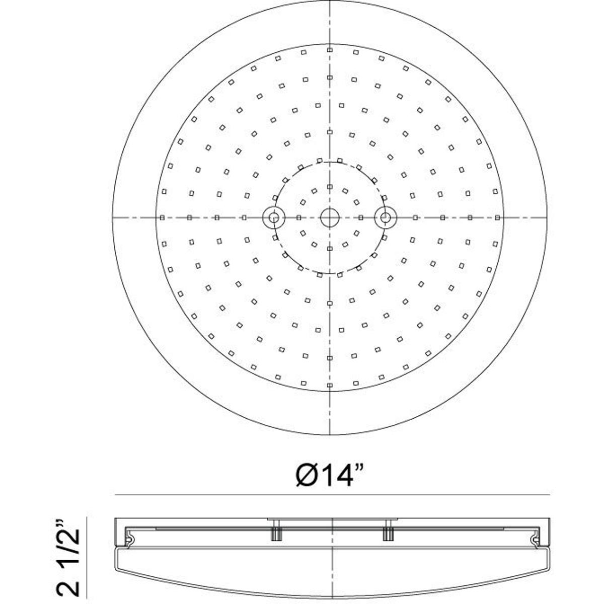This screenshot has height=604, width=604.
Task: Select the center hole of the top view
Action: [x=330, y=217]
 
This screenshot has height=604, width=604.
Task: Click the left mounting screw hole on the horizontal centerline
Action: [x=274, y=217]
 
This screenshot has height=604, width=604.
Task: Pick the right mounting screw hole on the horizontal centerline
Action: [x=386, y=217]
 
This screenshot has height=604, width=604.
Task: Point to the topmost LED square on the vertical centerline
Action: [x=330, y=50]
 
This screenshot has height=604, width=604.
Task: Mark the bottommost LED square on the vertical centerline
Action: [x=330, y=385]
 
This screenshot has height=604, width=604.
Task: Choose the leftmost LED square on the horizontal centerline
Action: [x=162, y=217]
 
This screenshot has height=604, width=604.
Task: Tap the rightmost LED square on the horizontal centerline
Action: [x=497, y=217]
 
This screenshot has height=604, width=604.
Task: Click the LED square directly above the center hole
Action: [x=330, y=187]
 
